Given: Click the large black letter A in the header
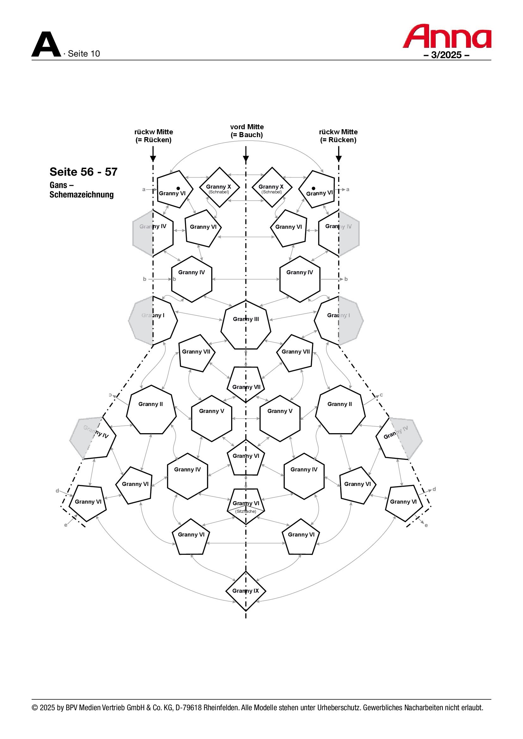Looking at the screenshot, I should [x=46, y=45].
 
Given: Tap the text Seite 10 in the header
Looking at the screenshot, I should [x=84, y=54].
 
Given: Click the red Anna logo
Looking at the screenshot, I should [x=447, y=36].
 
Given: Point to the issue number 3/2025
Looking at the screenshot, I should [x=446, y=55].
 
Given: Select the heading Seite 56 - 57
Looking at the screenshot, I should [x=83, y=172].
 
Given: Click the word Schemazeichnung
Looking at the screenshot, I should [x=82, y=194].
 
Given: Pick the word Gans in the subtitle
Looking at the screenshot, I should [x=58, y=185].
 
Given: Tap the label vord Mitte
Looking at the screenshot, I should [x=247, y=127].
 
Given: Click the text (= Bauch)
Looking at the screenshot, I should [x=247, y=135].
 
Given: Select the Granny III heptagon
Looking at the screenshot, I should [x=246, y=325].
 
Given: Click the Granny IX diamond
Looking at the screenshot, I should [x=246, y=591].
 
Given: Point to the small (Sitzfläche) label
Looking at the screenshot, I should [x=246, y=511].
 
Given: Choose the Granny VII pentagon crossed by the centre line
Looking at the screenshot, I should [x=246, y=384].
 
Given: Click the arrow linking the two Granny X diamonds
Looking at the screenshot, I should [x=246, y=201].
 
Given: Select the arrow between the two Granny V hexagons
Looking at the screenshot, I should [x=246, y=418].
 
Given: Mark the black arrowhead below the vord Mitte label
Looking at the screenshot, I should [x=246, y=159].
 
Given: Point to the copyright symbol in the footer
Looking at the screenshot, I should [x=35, y=708].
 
